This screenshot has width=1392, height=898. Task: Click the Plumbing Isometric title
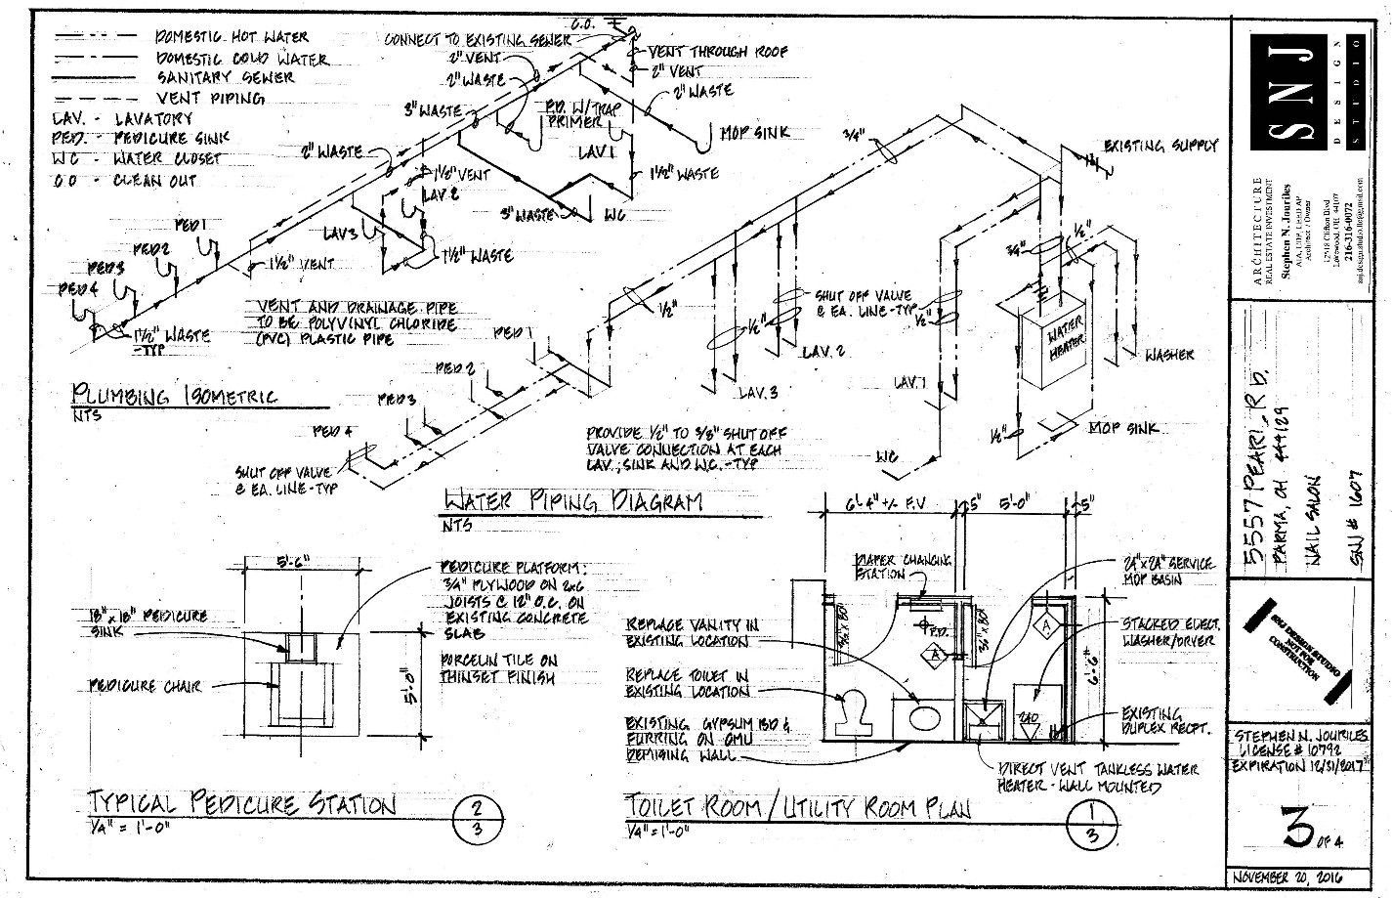[x=175, y=396]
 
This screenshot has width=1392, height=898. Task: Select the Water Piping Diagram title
[x=572, y=502]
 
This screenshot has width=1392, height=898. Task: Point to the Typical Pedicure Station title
[x=243, y=805]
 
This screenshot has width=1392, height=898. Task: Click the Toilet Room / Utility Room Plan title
[x=798, y=807]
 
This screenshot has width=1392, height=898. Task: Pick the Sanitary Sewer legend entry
[x=224, y=77]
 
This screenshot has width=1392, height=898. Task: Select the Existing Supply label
[x=1160, y=146]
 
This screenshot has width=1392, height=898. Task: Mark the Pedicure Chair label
[x=145, y=687]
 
